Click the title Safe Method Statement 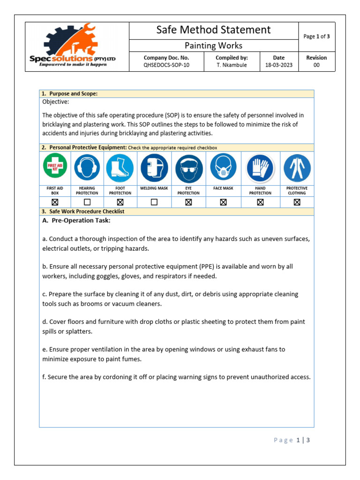pos(213,30)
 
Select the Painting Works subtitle pos(213,45)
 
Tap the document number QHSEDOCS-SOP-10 pos(166,65)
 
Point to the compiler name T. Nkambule pos(232,65)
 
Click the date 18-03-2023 pos(278,65)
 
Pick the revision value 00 pos(316,65)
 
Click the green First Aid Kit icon pos(55,166)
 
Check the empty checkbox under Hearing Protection pos(87,202)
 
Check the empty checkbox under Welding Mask pos(154,202)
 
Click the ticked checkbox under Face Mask pos(223,202)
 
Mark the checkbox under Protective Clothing pos(297,202)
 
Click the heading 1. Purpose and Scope pos(70,94)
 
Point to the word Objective pos(56,102)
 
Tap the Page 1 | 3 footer pos(292,440)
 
